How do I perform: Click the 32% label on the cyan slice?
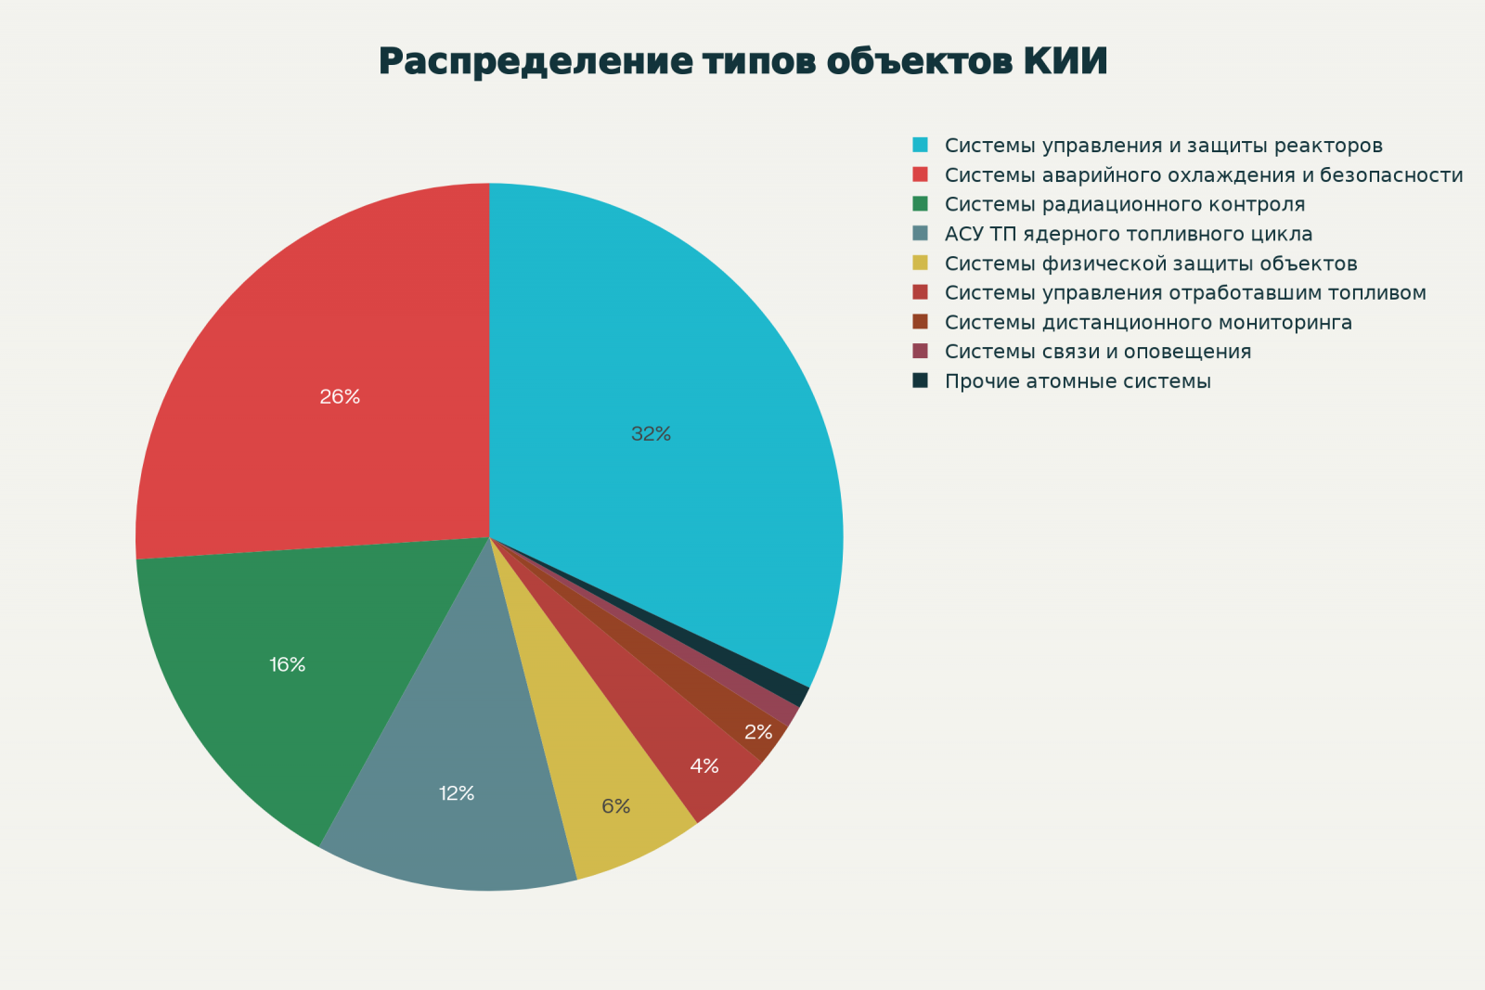(651, 433)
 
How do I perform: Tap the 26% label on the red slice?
(340, 396)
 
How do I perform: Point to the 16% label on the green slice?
(288, 664)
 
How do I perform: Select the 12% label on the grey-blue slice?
(457, 793)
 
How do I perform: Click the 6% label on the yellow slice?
(615, 806)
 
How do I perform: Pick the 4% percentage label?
(704, 765)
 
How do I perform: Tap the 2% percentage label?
(758, 732)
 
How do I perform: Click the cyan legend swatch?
(920, 145)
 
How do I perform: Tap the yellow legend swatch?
(920, 263)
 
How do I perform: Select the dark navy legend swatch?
(920, 380)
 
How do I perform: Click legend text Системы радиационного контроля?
(1125, 204)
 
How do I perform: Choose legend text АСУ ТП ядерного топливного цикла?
(1129, 234)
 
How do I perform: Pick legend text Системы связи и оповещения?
(1098, 352)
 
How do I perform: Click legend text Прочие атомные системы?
(1078, 381)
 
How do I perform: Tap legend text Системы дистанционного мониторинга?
(1148, 322)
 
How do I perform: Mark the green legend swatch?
(920, 203)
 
